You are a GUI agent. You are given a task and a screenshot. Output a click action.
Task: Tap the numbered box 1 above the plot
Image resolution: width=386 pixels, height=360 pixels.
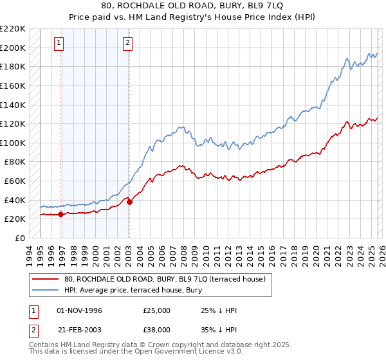[59, 43]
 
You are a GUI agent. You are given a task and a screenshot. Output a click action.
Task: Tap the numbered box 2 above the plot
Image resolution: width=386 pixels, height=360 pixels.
[127, 43]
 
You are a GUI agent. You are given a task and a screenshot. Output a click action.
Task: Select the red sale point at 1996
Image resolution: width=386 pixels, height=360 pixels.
[61, 214]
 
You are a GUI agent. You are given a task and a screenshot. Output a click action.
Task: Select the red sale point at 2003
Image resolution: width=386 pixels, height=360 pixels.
[129, 202]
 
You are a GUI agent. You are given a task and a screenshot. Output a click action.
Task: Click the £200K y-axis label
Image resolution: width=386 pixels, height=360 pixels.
[14, 48]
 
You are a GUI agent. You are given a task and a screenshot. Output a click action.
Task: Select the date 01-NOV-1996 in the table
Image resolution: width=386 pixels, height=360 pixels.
[80, 310]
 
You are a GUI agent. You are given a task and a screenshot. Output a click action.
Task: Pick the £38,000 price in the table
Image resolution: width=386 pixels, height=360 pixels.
[157, 329]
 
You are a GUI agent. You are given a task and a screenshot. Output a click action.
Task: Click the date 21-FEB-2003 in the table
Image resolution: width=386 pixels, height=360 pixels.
[80, 329]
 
